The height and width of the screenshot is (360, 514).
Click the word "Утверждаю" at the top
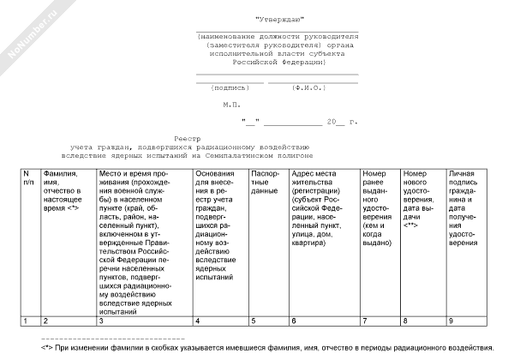tap(278, 18)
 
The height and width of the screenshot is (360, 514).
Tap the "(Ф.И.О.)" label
tap(307, 87)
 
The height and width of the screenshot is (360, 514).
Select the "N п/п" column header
tap(28, 178)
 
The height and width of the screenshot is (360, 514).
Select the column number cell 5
tap(254, 321)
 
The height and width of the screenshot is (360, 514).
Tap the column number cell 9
tap(451, 321)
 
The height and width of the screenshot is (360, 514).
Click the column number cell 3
tap(101, 321)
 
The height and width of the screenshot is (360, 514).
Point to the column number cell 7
tap(366, 321)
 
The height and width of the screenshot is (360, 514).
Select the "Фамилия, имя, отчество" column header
tap(65, 191)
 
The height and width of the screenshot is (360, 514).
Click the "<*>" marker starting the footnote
tap(48, 348)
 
